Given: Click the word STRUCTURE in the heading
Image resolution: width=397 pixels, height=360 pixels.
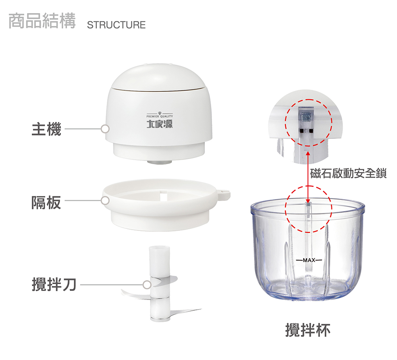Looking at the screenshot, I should pos(116,25).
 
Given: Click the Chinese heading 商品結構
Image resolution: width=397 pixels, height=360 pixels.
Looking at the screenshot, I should pos(42,21).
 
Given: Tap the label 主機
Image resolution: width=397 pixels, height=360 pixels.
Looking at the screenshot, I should pos(46,129).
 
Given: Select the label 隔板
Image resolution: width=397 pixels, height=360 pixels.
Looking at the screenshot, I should pos(46,202).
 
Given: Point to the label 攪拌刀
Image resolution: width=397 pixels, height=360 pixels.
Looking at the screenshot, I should pos(54,285).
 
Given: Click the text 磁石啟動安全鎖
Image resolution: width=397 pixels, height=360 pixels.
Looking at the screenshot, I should pos(348,174).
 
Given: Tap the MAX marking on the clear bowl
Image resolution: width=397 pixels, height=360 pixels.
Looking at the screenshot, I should pos(308,260).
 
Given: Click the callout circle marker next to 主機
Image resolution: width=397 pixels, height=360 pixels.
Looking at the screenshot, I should pos(105,129).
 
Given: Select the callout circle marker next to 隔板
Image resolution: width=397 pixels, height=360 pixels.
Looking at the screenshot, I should pos(105,201).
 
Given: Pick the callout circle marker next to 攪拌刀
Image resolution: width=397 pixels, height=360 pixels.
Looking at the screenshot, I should pos(146,285).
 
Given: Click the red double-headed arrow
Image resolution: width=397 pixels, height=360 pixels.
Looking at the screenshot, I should pos(308,175).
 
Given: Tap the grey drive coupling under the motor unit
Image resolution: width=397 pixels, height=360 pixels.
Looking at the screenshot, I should pos(159,162).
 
